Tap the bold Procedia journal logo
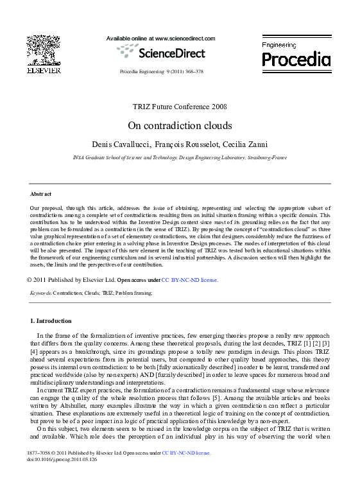(295, 59)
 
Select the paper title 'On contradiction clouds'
(179, 125)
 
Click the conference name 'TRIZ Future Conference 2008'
(179, 107)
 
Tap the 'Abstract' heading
(41, 193)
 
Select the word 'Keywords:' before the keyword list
(41, 292)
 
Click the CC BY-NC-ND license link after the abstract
(189, 280)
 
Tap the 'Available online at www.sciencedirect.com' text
(160, 39)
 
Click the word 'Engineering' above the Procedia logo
(279, 45)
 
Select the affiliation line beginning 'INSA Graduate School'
(180, 157)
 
